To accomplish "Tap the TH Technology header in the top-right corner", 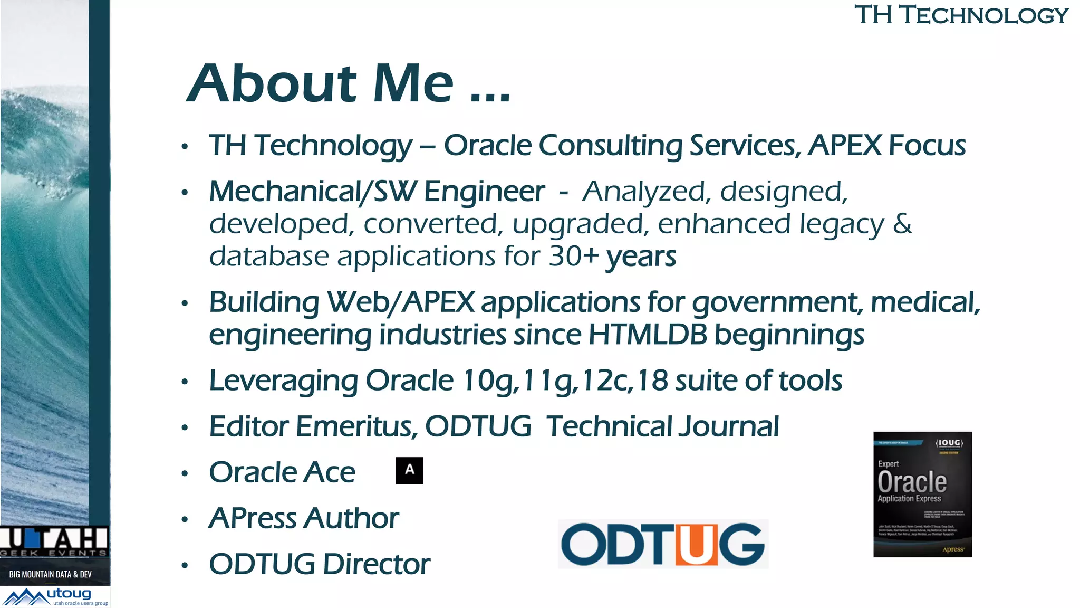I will point(961,15).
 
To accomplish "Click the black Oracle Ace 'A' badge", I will point(409,471).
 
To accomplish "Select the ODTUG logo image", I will point(663,544).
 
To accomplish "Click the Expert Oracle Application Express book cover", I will point(922,495).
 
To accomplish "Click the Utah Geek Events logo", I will point(54,541).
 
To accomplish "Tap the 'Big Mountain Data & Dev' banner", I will point(51,574).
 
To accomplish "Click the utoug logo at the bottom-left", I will point(55,597).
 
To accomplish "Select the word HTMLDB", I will point(648,335).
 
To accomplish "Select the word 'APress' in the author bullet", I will point(252,518).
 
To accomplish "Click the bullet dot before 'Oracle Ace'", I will point(185,473).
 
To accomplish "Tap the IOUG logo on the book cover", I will point(949,443).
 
